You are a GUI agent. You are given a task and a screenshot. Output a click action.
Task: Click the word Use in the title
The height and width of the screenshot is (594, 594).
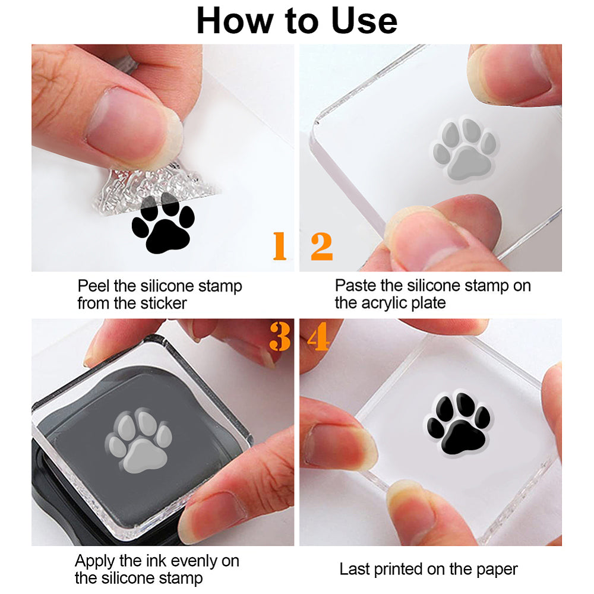[362, 21]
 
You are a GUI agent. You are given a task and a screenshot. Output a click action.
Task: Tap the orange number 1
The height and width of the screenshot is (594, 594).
[279, 247]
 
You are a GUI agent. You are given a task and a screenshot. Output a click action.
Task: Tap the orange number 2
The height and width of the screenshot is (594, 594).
[321, 247]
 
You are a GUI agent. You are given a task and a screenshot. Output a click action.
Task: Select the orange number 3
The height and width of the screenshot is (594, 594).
[279, 337]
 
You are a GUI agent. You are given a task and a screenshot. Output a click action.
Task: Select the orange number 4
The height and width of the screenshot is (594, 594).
[318, 337]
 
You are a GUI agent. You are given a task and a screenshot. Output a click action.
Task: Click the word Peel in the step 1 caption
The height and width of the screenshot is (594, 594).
[90, 286]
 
